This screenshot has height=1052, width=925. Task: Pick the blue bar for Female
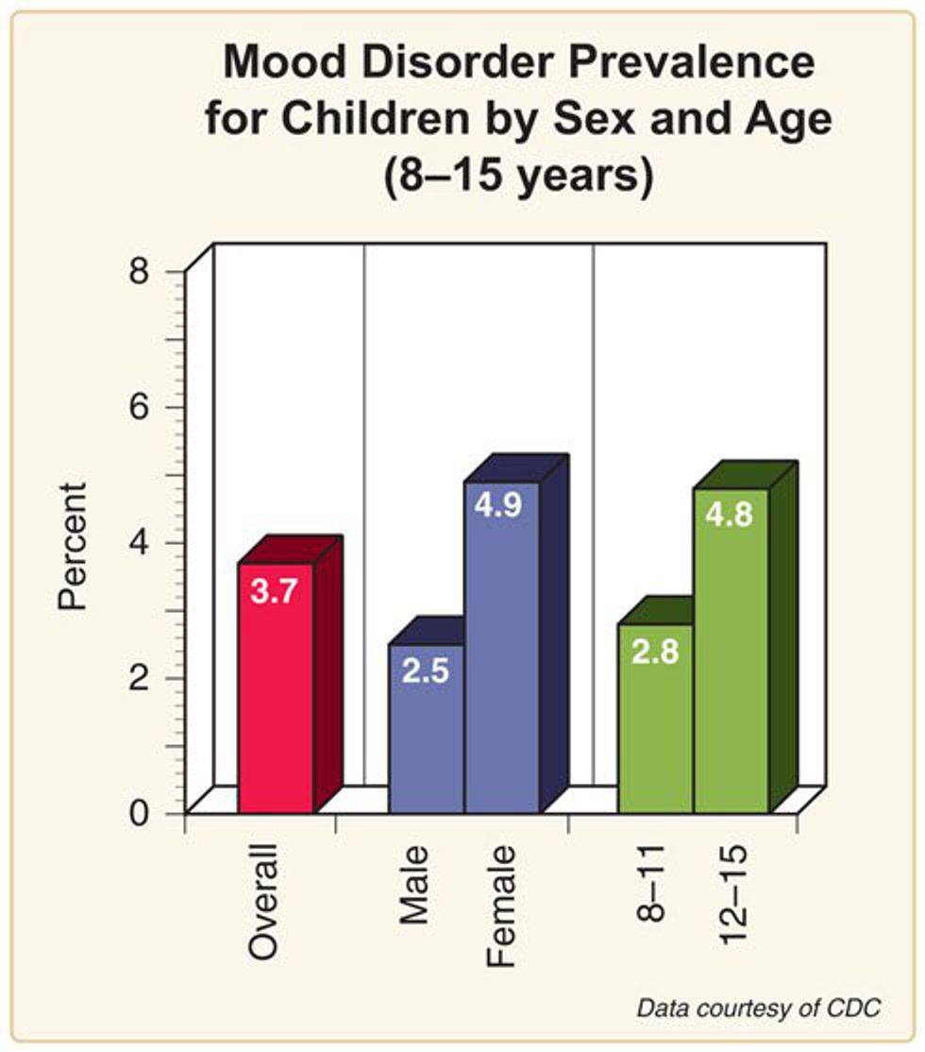tap(501, 661)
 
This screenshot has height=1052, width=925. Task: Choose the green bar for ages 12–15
tap(731, 661)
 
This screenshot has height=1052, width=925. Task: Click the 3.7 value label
tap(275, 593)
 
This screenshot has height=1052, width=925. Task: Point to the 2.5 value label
tap(426, 671)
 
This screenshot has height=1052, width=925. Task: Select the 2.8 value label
tap(654, 653)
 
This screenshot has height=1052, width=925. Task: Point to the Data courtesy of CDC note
tap(759, 1009)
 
